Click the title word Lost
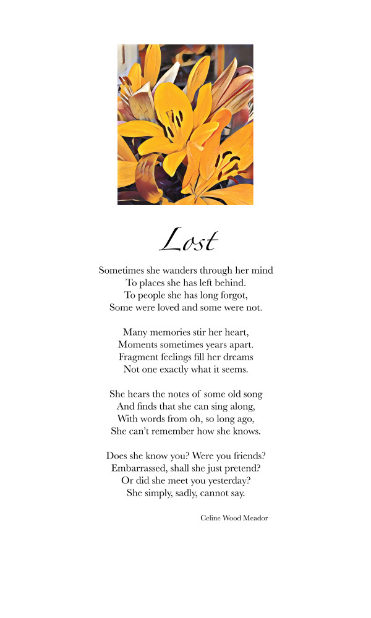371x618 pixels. (x=188, y=240)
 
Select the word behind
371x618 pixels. (x=231, y=282)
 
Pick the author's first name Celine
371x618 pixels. (x=211, y=518)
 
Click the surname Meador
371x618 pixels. (x=255, y=518)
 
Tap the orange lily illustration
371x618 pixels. (x=185, y=124)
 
